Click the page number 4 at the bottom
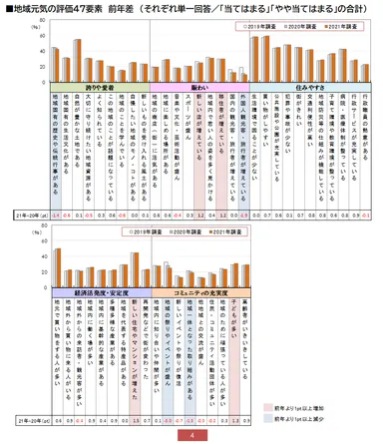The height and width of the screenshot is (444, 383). (x=191, y=436)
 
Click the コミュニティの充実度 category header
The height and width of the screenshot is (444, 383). (x=204, y=292)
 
